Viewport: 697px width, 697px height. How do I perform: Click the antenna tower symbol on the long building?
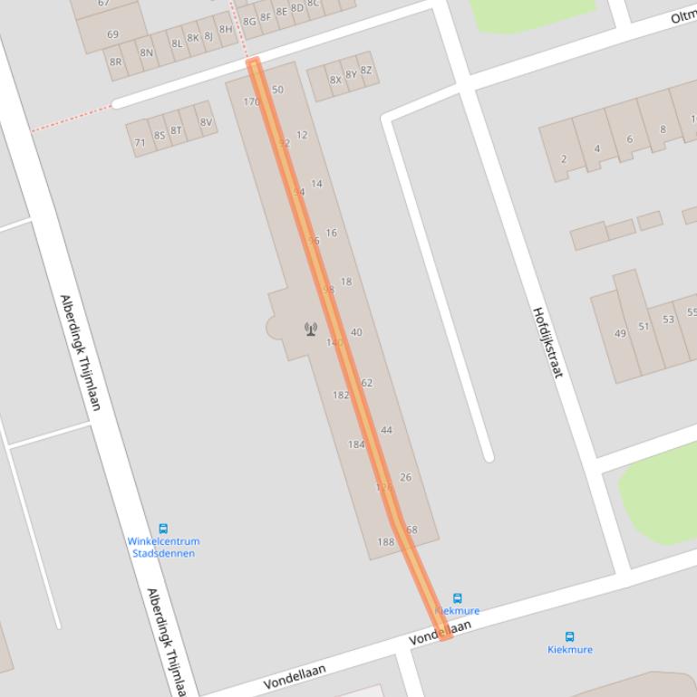coord(311,329)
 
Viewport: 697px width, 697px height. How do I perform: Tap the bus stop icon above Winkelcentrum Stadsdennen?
coord(163,529)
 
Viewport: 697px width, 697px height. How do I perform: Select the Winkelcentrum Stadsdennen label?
coord(163,547)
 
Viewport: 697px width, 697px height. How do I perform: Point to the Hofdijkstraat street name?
coord(547,342)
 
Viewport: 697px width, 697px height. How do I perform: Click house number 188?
coord(386,542)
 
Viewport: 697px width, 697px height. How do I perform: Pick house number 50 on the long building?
coord(277,90)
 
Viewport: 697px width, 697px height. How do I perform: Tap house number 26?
coord(405,477)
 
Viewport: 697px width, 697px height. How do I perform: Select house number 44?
coord(386,430)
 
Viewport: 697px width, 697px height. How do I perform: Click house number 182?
coord(341,395)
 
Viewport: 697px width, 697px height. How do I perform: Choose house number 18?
coord(345,282)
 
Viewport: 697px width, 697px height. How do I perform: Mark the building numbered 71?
coord(140,142)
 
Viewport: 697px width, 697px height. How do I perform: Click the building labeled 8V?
coord(206,122)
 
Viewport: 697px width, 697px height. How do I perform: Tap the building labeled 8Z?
coord(366,70)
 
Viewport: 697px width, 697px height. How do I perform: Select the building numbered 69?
coord(112,34)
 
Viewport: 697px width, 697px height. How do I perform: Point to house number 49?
coord(620,333)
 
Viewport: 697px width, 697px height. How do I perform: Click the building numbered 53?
coord(669,320)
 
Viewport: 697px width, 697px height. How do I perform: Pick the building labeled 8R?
coord(115,62)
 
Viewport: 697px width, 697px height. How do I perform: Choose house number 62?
coord(366,383)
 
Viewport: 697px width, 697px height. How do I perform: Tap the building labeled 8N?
coord(146,53)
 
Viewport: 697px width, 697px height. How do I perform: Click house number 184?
coord(356,444)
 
